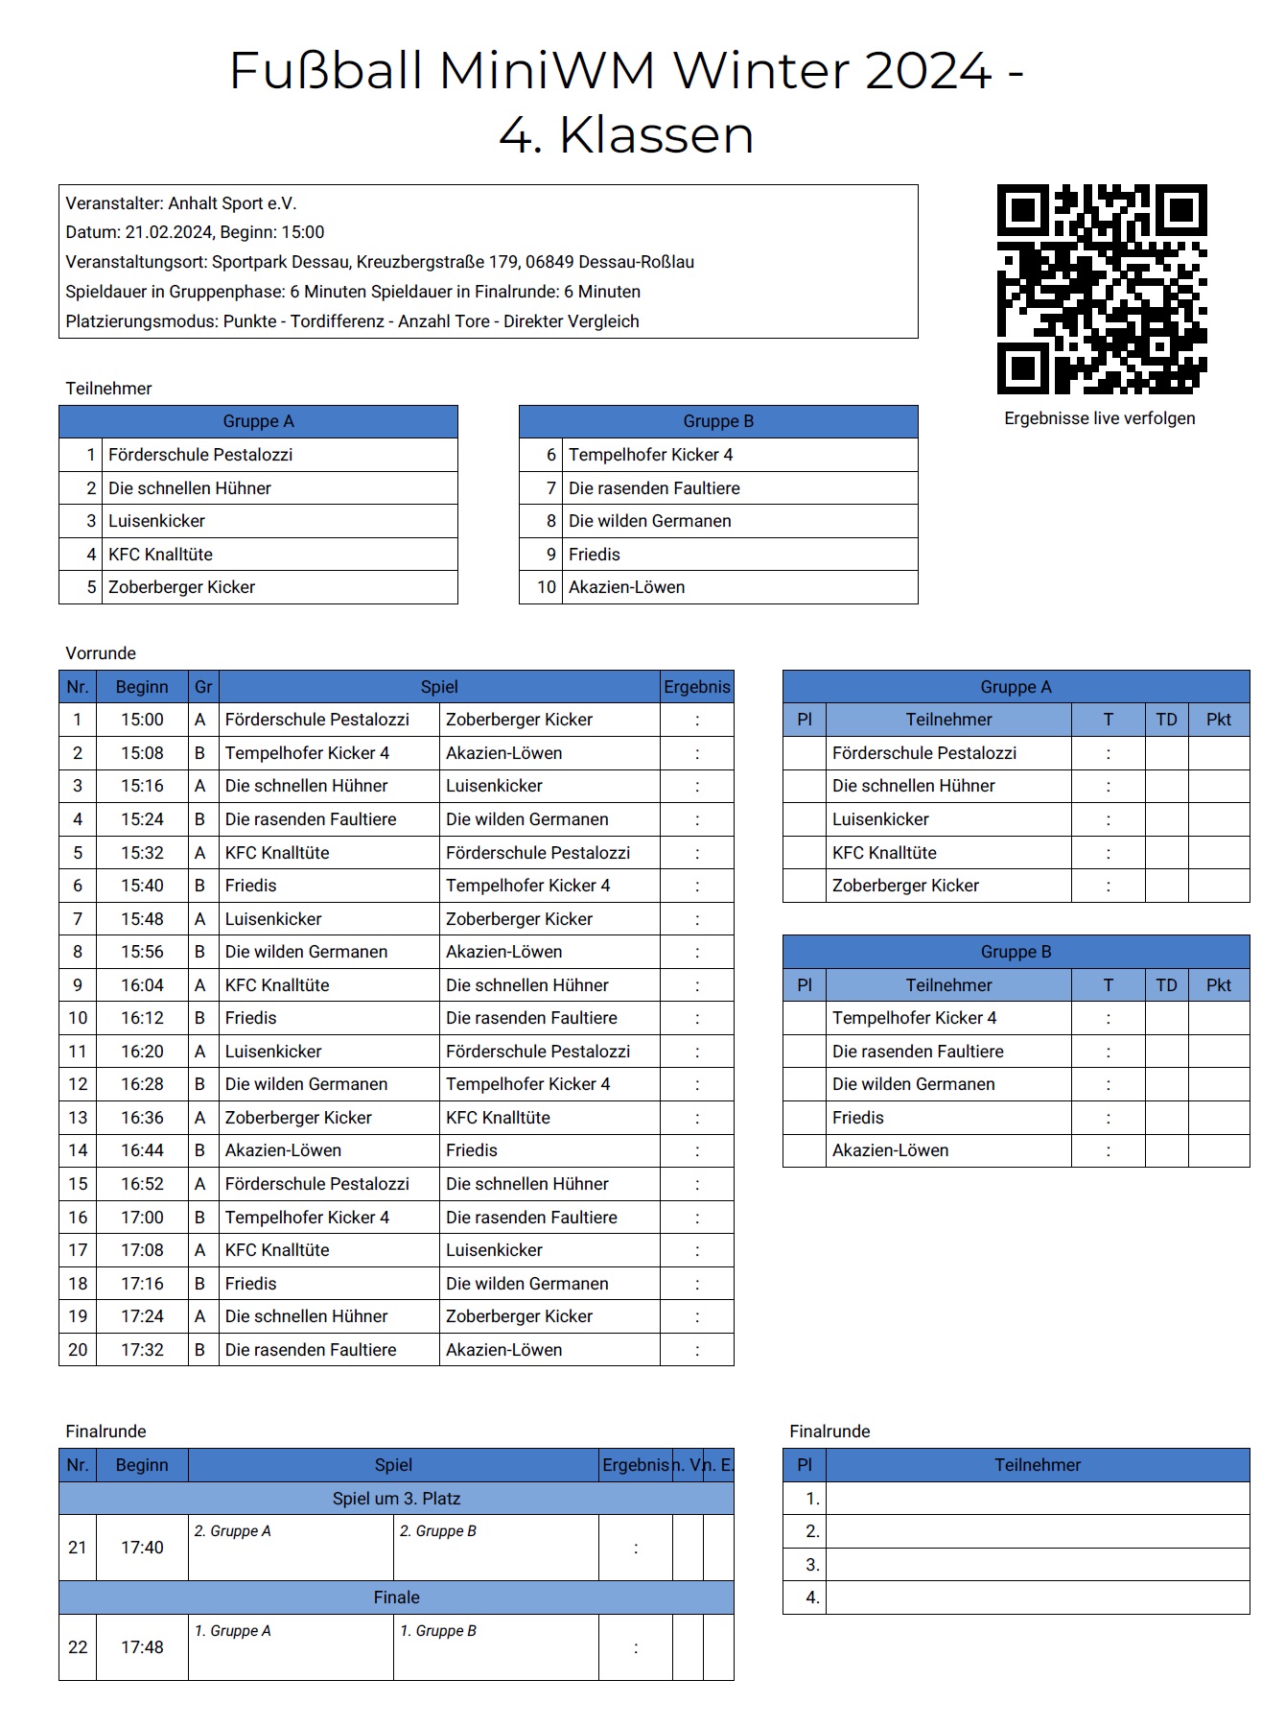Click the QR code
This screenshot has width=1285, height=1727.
pyautogui.click(x=1101, y=289)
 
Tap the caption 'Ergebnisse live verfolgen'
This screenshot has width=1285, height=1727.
pyautogui.click(x=1099, y=418)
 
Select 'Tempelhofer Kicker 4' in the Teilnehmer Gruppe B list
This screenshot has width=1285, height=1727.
pyautogui.click(x=650, y=455)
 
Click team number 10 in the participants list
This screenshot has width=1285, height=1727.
pyautogui.click(x=546, y=587)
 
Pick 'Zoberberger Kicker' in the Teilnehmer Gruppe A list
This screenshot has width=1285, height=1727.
pyautogui.click(x=181, y=587)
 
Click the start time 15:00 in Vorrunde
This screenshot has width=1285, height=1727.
pyautogui.click(x=142, y=720)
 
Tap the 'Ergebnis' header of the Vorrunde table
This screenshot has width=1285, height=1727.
pyautogui.click(x=696, y=687)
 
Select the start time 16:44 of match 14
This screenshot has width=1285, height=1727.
pyautogui.click(x=142, y=1150)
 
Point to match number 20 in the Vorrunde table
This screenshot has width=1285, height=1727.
pyautogui.click(x=78, y=1350)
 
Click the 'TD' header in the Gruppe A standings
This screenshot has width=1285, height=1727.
pyautogui.click(x=1166, y=720)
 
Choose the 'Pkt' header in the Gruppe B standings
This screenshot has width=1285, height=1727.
pyautogui.click(x=1218, y=985)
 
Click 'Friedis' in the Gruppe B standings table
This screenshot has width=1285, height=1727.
pyautogui.click(x=857, y=1118)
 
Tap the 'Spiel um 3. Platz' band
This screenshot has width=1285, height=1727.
pyautogui.click(x=396, y=1499)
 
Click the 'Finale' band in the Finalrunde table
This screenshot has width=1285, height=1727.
pyautogui.click(x=396, y=1597)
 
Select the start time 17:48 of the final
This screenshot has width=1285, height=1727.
pyautogui.click(x=142, y=1647)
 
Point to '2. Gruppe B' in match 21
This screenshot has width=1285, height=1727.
pyautogui.click(x=437, y=1531)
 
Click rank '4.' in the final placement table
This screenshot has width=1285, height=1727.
pyautogui.click(x=812, y=1597)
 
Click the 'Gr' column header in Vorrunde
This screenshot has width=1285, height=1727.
pyautogui.click(x=203, y=687)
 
